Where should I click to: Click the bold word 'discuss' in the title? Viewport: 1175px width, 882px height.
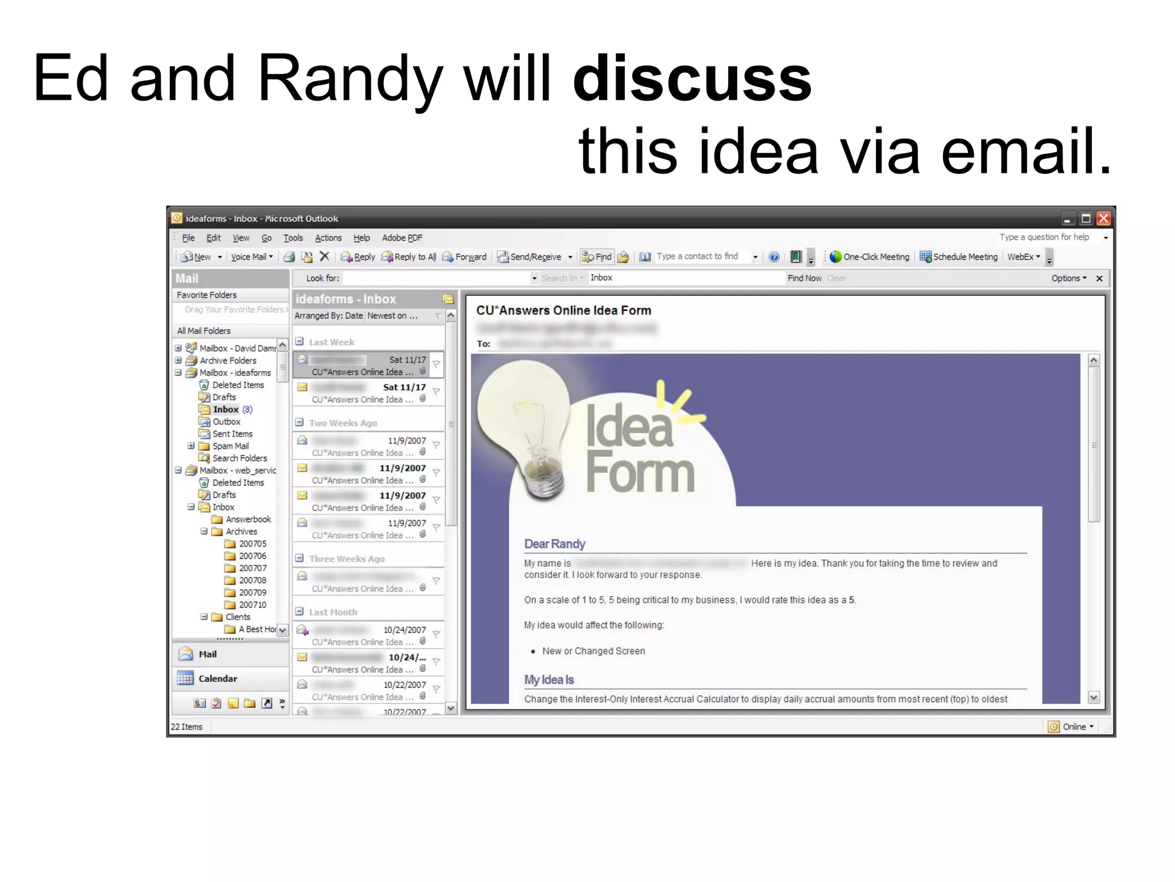point(692,79)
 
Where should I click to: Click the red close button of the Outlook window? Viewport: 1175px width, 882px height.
point(1103,219)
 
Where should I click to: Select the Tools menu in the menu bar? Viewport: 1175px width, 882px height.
point(293,238)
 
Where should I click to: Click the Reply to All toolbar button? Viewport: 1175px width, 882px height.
point(409,257)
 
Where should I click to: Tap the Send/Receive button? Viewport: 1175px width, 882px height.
point(530,257)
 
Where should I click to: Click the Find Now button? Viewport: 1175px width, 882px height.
point(804,278)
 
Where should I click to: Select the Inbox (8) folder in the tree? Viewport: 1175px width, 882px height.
point(226,409)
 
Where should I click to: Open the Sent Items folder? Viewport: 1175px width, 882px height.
point(232,434)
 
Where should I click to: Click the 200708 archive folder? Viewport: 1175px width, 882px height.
point(252,581)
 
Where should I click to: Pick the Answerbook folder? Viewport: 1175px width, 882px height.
point(248,520)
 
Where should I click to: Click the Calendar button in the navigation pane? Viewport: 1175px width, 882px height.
point(217,679)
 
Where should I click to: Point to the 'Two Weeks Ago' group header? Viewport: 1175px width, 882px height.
point(343,423)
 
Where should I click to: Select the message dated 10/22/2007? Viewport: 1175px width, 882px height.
point(367,691)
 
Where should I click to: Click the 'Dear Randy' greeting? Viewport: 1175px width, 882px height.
point(554,544)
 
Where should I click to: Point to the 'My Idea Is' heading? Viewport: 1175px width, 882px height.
point(548,680)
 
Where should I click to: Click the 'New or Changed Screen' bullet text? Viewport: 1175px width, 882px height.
point(593,651)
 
